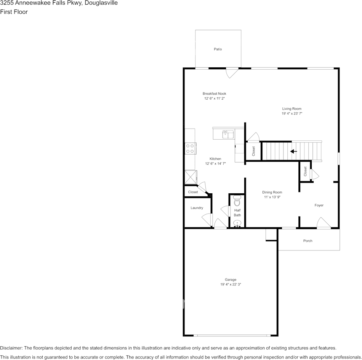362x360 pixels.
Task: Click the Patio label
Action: [x=218, y=49]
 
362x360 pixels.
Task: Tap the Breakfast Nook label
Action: [x=214, y=94]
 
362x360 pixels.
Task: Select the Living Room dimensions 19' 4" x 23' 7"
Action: [x=292, y=113]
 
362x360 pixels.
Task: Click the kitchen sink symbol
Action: [x=228, y=134]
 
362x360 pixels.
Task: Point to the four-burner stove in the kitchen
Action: [x=191, y=148]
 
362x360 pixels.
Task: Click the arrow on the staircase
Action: [x=293, y=151]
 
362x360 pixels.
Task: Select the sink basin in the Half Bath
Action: [x=237, y=223]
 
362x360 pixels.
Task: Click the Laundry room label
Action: [x=197, y=208]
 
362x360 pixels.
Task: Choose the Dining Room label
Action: [x=272, y=192]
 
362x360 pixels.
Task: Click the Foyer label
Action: [x=319, y=205]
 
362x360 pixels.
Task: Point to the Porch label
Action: [x=308, y=241]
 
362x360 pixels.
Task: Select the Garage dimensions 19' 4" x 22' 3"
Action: [x=231, y=284]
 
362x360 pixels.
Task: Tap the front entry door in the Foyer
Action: [x=323, y=223]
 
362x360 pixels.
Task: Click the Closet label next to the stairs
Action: [x=254, y=151]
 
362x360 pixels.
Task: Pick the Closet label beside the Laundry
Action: [x=193, y=192]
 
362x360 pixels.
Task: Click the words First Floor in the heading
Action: [x=14, y=12]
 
